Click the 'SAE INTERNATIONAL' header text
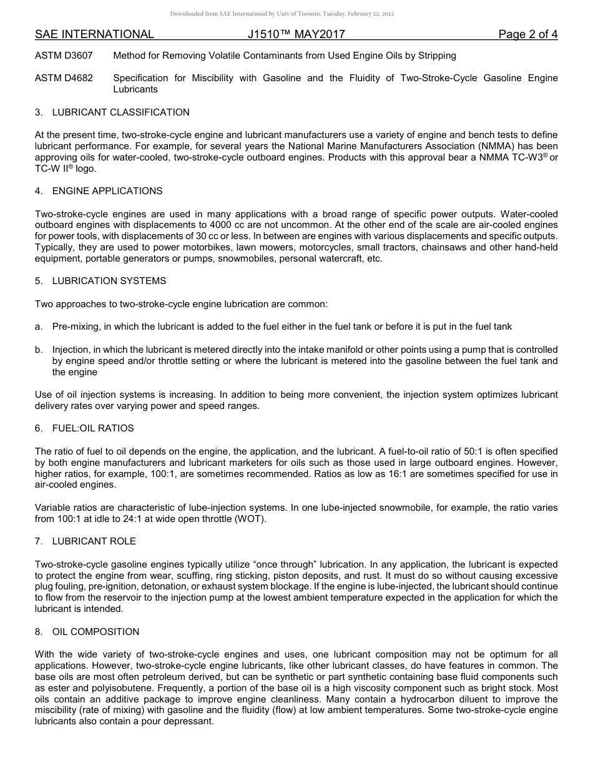pos(94,34)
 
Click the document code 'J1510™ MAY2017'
pos(292,34)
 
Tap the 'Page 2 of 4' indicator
pos(527,34)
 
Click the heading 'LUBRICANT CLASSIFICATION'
pos(120,112)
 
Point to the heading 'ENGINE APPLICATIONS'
pos(107,191)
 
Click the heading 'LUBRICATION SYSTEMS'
pos(109,281)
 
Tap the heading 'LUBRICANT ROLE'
pos(94,541)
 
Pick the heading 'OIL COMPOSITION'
pos(96,632)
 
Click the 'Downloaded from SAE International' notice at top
pos(282,14)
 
